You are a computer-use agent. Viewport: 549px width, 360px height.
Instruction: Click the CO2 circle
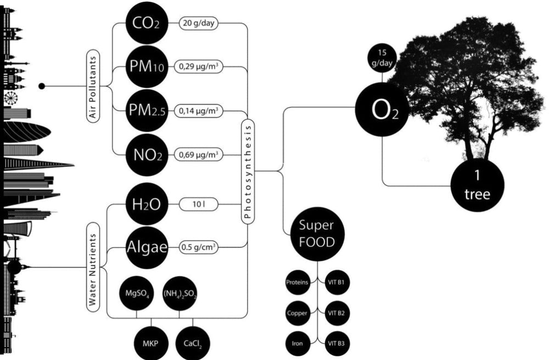point(147,23)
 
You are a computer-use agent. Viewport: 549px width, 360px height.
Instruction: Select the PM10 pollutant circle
point(147,66)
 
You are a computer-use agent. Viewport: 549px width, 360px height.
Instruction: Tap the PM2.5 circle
point(147,110)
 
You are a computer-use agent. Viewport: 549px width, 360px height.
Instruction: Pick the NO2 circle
point(147,155)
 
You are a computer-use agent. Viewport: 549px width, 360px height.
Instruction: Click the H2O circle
point(147,204)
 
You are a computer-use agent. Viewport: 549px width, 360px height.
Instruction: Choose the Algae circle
point(147,248)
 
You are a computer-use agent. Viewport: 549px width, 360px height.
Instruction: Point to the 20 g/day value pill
point(199,23)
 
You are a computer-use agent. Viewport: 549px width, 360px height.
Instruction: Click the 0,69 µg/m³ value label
point(199,155)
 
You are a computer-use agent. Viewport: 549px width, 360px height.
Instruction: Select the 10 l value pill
point(199,204)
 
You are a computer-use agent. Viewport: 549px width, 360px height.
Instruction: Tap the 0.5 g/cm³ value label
point(199,248)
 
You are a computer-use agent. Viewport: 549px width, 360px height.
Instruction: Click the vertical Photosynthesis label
point(248,171)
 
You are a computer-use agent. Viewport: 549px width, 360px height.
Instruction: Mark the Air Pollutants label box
point(93,86)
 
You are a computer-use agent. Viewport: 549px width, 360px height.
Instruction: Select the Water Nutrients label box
point(93,268)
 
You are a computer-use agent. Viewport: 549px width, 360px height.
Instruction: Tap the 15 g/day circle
point(382,58)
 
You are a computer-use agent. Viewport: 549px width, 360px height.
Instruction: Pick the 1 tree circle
point(477,185)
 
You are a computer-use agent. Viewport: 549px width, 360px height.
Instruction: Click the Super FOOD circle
point(317,234)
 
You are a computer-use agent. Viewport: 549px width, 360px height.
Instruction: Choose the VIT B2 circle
point(336,313)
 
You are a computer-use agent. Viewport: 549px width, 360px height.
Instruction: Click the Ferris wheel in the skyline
point(11,98)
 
